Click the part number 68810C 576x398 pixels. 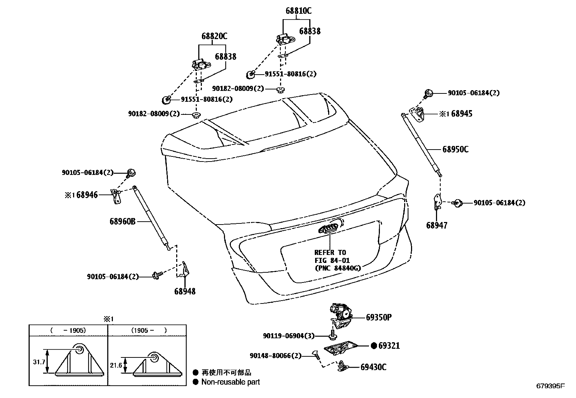click(298, 11)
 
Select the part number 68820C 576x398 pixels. click(214, 36)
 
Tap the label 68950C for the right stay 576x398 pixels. click(455, 150)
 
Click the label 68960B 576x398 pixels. click(122, 221)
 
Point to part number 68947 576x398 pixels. click(437, 225)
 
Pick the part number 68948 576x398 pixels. click(185, 291)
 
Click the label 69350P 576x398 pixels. click(379, 318)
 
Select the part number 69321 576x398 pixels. click(389, 346)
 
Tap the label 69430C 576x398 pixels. click(373, 367)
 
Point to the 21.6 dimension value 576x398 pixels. click(116, 366)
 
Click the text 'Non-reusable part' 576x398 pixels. click(230, 382)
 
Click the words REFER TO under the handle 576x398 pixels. click(330, 252)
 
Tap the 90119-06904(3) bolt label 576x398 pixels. click(289, 336)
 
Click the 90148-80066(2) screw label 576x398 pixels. click(275, 356)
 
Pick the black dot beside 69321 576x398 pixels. click(374, 346)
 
